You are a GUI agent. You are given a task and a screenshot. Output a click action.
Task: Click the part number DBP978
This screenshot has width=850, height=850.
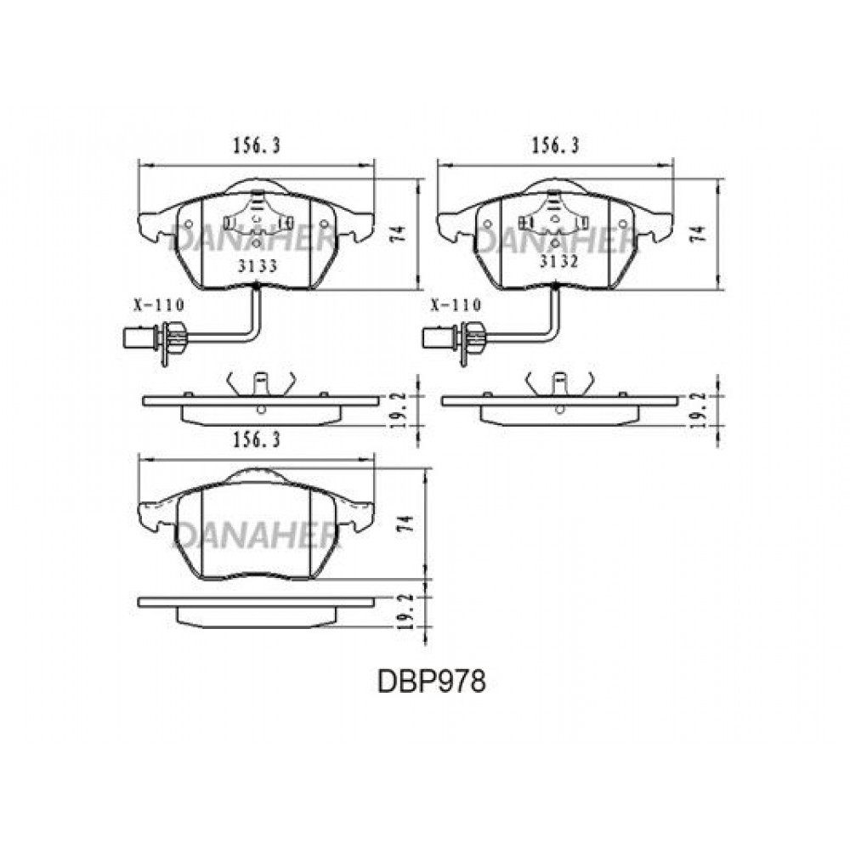pyautogui.click(x=432, y=682)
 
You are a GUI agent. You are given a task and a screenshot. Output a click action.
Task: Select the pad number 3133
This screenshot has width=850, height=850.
pyautogui.click(x=258, y=265)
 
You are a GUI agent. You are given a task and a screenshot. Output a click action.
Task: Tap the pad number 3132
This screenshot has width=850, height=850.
pyautogui.click(x=559, y=261)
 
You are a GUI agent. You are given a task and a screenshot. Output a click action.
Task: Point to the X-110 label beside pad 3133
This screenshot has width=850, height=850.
pyautogui.click(x=159, y=305)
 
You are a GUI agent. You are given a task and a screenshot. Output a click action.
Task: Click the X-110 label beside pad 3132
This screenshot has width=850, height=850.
pyautogui.click(x=456, y=305)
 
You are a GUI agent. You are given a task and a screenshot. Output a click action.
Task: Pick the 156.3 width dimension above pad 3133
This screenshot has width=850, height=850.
pyautogui.click(x=257, y=145)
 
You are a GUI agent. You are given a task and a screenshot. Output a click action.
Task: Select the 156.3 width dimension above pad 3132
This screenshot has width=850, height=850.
pyautogui.click(x=555, y=145)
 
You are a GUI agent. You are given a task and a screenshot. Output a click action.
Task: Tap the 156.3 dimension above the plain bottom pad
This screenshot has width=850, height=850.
pyautogui.click(x=257, y=440)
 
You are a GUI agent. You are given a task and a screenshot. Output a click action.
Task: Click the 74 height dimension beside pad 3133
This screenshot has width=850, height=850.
pyautogui.click(x=399, y=234)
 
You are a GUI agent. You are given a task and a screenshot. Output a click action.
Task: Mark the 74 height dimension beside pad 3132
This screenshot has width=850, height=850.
pyautogui.click(x=700, y=234)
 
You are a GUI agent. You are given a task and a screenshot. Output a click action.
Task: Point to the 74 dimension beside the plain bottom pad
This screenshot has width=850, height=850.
pyautogui.click(x=407, y=524)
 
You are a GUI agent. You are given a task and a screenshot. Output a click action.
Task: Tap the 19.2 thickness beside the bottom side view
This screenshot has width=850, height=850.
pyautogui.click(x=407, y=610)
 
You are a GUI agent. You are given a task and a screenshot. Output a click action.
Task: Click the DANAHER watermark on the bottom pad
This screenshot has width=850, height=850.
pyautogui.click(x=257, y=536)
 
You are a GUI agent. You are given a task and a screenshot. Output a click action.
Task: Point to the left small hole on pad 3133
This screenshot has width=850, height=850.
pyautogui.click(x=190, y=224)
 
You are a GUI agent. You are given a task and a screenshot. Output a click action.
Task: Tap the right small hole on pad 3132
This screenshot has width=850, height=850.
pyautogui.click(x=623, y=224)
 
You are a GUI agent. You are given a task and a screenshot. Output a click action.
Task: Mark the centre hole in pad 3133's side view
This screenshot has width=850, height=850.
pyautogui.click(x=261, y=409)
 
